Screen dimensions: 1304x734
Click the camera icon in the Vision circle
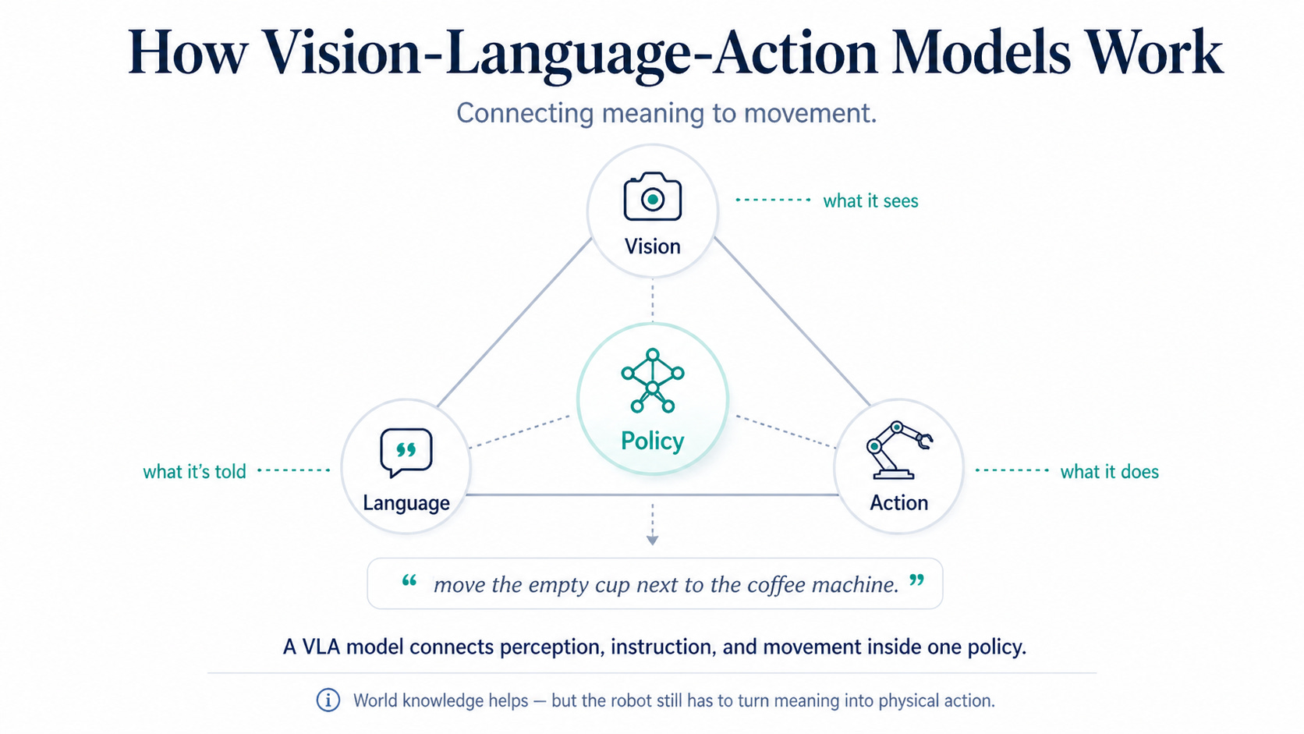pos(653,196)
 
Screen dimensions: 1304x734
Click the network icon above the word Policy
pos(653,381)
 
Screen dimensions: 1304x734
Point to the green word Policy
pos(653,441)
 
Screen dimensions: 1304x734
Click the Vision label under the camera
pos(653,246)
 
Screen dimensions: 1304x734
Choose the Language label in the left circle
pos(406,503)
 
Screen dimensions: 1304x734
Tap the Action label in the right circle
pos(898,502)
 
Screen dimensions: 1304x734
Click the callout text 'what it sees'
pos(870,200)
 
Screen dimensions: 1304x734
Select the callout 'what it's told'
pos(194,471)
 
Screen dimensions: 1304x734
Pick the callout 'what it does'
pos(1110,471)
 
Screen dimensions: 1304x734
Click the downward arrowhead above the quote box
pos(653,541)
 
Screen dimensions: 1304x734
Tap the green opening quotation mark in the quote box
pos(409,580)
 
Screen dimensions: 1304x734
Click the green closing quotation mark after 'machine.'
pos(917,580)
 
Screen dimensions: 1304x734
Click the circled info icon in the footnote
pos(328,700)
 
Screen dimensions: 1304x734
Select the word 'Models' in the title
pos(981,52)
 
